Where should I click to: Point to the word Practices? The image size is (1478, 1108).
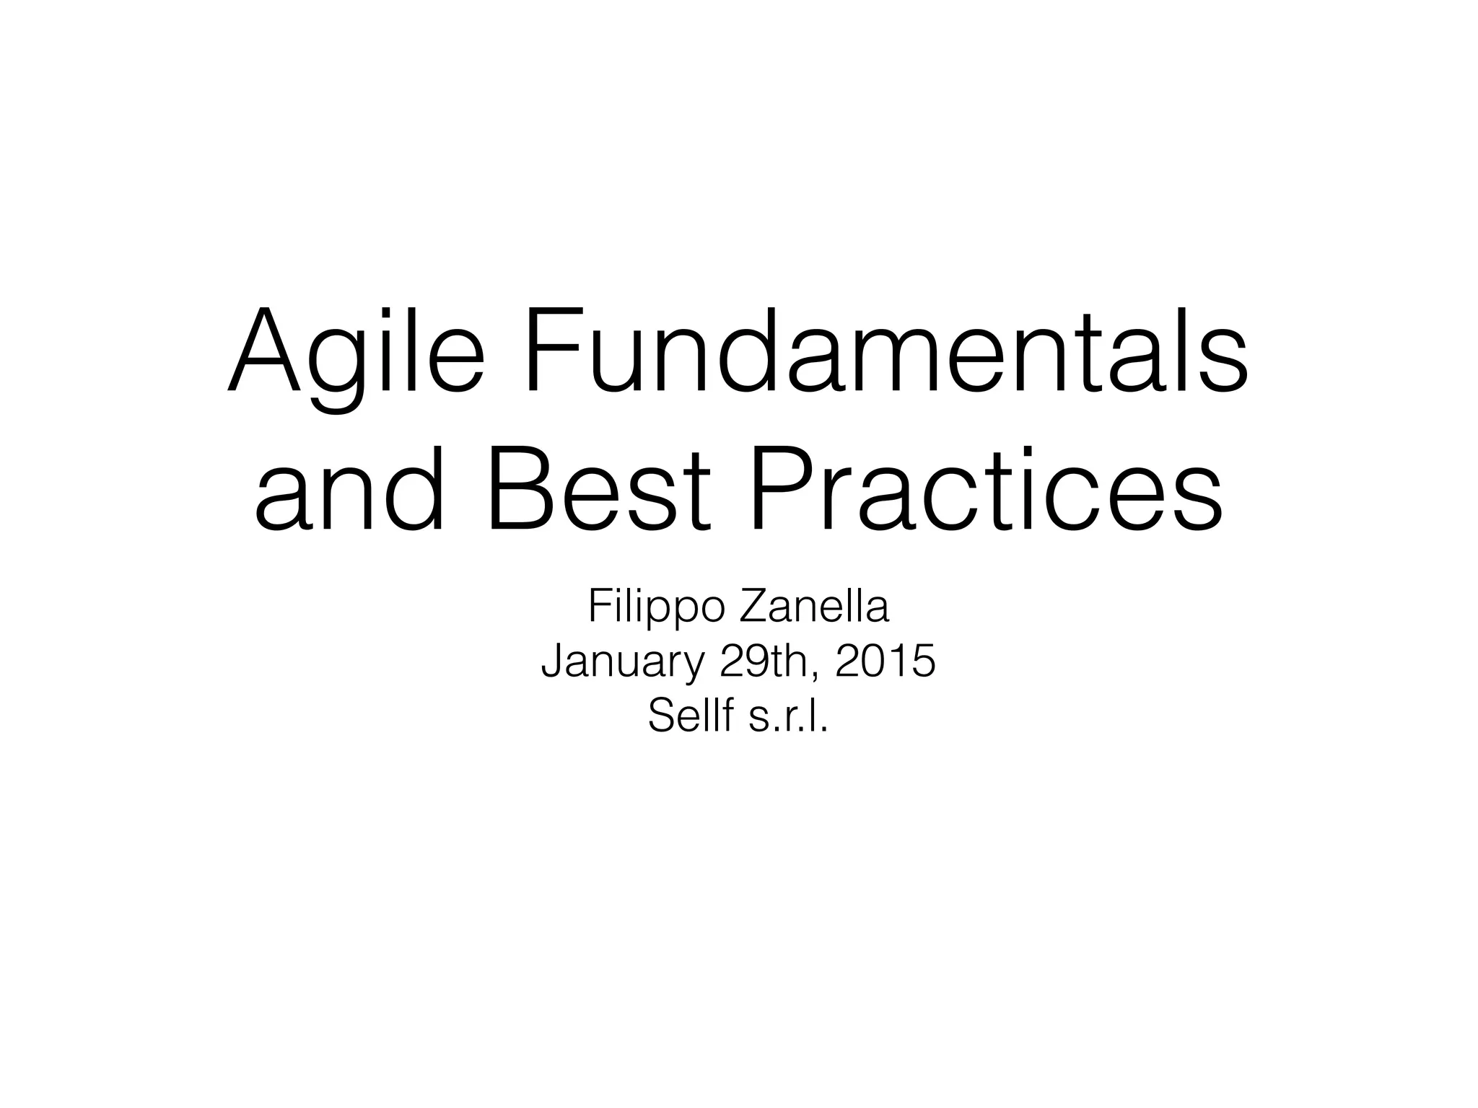coord(986,491)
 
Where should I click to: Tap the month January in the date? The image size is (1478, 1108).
coord(621,661)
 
